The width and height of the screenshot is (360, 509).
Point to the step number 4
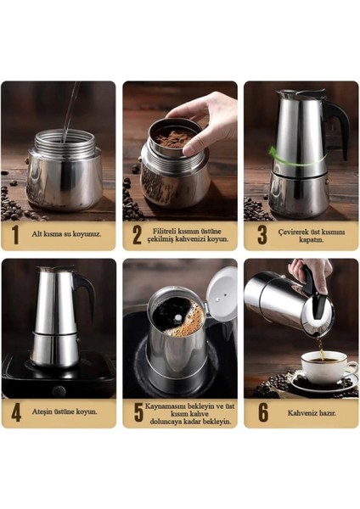[x=14, y=411]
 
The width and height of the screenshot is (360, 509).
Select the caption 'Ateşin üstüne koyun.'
[x=68, y=411]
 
